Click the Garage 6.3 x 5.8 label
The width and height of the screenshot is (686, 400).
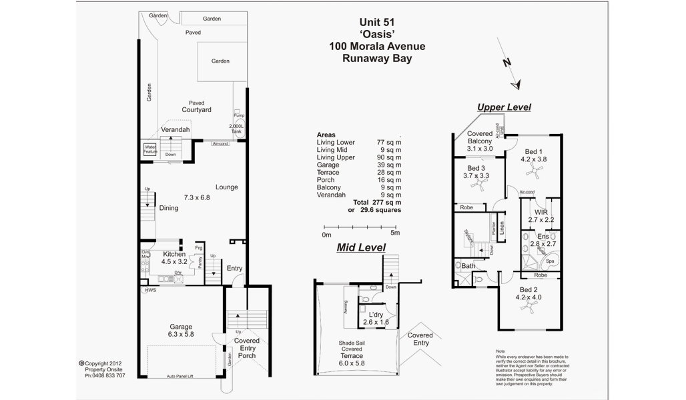[x=180, y=331]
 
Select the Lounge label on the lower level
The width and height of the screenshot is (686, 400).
[x=227, y=187]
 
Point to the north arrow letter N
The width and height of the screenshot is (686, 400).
[x=507, y=62]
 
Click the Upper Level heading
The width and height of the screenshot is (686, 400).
[x=504, y=107]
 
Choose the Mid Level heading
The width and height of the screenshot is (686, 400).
[x=361, y=247]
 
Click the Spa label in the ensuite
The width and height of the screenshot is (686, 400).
[x=550, y=261]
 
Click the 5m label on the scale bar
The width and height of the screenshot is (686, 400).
[x=394, y=234]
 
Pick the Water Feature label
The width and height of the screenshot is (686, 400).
[x=150, y=150]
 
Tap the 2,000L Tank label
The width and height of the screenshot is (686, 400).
[x=236, y=129]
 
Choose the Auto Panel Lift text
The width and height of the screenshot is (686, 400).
[x=181, y=377]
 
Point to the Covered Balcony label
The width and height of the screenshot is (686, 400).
[x=480, y=141]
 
